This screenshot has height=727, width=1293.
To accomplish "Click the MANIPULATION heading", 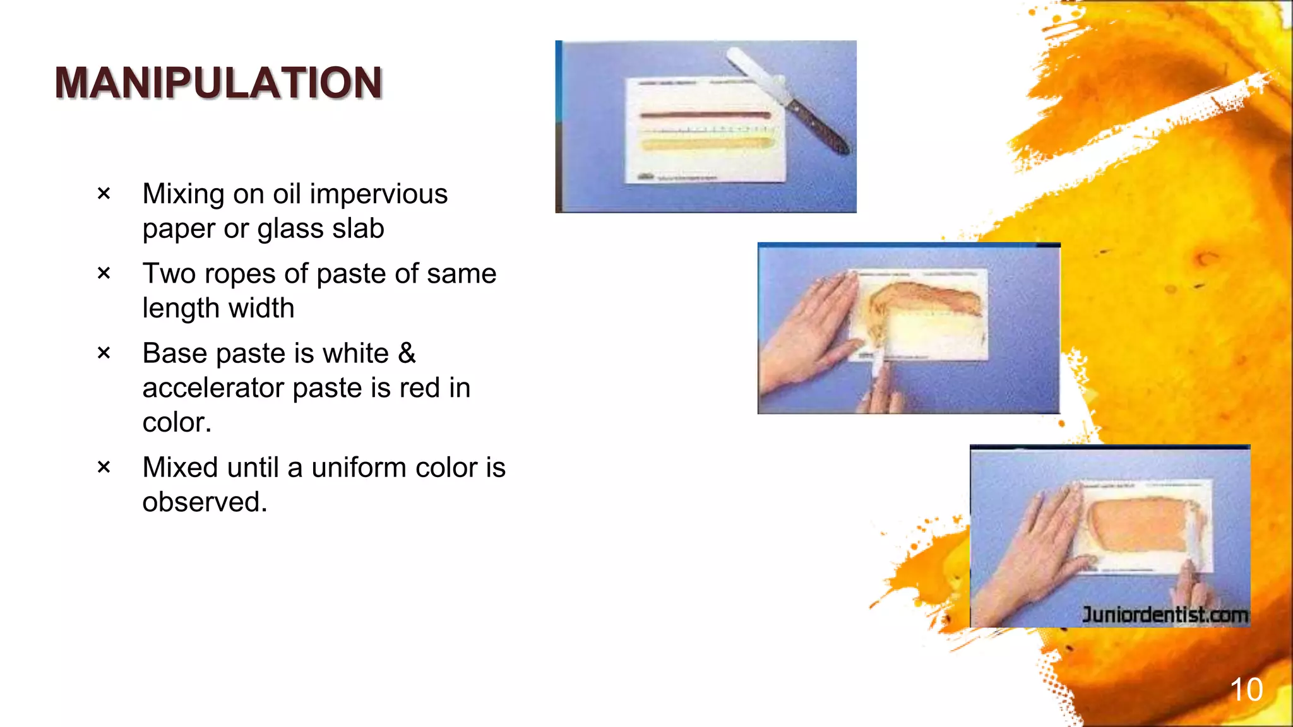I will pos(218,83).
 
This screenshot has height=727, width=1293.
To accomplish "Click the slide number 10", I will pos(1246,689).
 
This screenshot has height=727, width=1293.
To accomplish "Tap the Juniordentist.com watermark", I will pos(1165,614).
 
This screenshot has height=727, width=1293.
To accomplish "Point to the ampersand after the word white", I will pos(407,353).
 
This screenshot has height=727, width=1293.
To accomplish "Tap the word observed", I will pos(204,502).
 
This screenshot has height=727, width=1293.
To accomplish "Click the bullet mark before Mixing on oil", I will pos(104,194).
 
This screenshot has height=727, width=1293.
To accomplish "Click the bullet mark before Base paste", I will pos(104,353).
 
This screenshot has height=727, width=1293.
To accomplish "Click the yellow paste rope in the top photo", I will pos(707,144).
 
